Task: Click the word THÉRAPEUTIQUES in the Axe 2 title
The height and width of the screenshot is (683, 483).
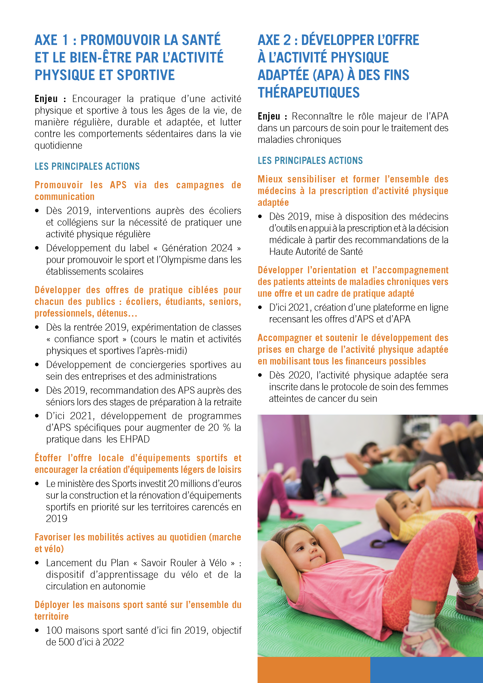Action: pyautogui.click(x=308, y=92)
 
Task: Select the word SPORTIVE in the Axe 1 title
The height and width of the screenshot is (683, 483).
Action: pyautogui.click(x=146, y=75)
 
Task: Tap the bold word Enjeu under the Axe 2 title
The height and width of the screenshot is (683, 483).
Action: pyautogui.click(x=269, y=116)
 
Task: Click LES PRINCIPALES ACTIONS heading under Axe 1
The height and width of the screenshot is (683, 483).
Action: pyautogui.click(x=87, y=166)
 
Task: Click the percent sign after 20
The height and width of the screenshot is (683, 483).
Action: pyautogui.click(x=226, y=428)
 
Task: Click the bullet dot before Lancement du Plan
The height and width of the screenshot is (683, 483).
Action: pyautogui.click(x=37, y=563)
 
